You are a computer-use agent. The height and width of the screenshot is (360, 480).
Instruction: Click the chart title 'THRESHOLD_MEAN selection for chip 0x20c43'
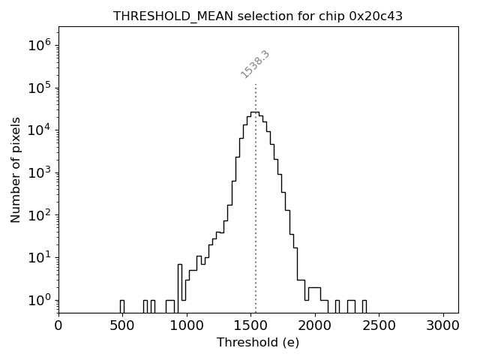tap(258, 16)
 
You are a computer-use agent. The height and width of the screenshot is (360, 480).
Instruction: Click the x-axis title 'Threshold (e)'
tap(258, 343)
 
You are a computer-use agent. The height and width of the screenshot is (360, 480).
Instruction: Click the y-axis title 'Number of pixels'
tap(16, 169)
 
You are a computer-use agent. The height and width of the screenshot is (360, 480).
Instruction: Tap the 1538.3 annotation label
tap(255, 64)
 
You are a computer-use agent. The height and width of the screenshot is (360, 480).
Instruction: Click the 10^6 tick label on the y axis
tap(39, 46)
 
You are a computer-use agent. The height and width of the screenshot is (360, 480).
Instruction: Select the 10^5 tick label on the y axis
tap(39, 88)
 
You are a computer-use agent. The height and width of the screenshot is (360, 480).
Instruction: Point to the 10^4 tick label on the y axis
tap(39, 130)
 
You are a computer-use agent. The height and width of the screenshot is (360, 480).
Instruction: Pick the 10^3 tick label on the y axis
tap(39, 173)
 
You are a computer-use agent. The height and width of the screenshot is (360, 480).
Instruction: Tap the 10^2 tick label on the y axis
tap(39, 215)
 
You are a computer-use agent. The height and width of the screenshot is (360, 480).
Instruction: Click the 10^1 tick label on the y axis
tap(39, 258)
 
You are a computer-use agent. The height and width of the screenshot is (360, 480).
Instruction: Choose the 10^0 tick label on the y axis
tap(39, 300)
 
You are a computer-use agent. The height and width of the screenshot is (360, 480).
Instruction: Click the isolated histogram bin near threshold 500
tap(121, 306)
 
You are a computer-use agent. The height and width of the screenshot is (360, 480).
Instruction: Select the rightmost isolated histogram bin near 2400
tap(364, 306)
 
